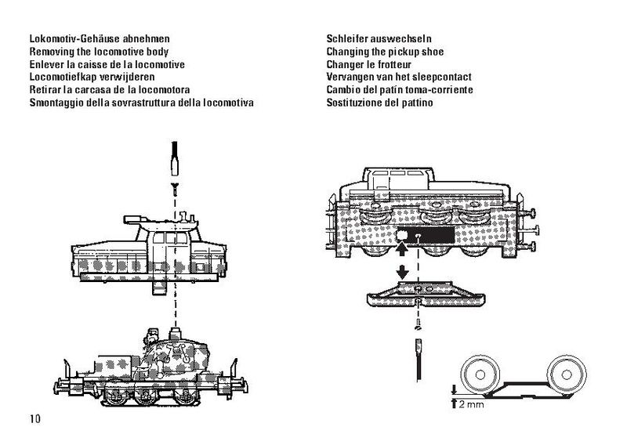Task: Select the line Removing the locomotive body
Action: coord(104,52)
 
